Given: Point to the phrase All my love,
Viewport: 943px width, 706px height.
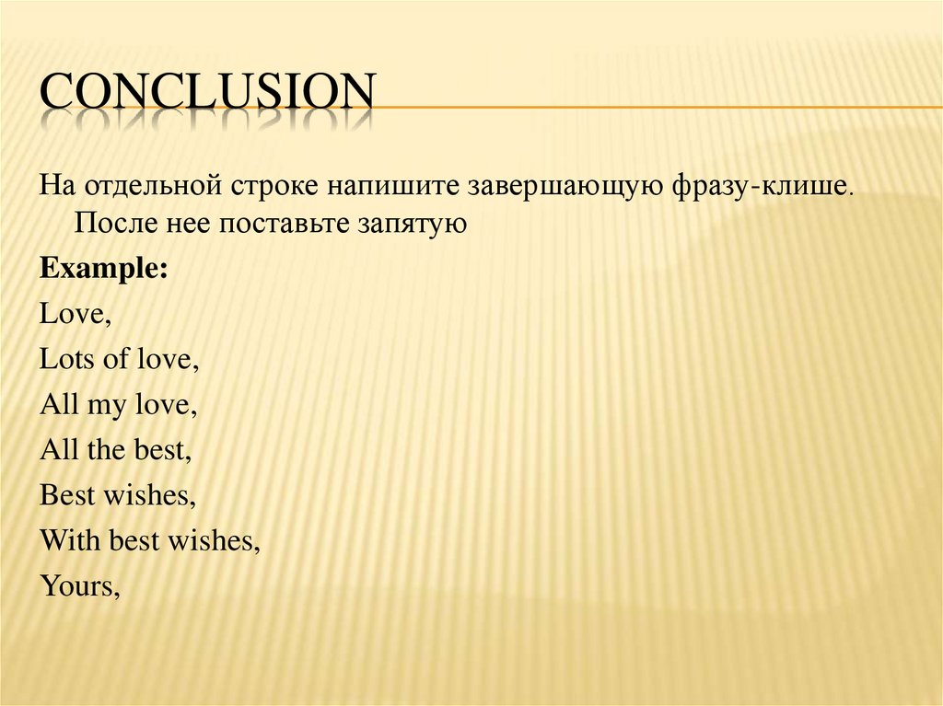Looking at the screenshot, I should point(119,404).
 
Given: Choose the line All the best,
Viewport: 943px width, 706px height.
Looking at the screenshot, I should point(115,449).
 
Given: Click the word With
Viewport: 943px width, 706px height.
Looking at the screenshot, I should point(71,540).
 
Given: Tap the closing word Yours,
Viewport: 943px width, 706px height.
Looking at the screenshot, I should point(80,585).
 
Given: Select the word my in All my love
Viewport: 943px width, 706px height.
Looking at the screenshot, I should point(106,406).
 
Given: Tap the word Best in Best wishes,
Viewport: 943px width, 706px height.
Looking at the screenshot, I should point(67,495).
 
